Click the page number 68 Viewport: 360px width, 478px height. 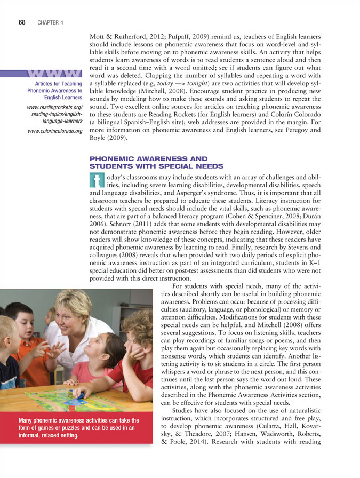coord(22,22)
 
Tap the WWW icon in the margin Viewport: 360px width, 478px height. coord(55,73)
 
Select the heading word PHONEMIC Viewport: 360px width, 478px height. coord(112,158)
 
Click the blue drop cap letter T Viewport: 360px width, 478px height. coord(97,179)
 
